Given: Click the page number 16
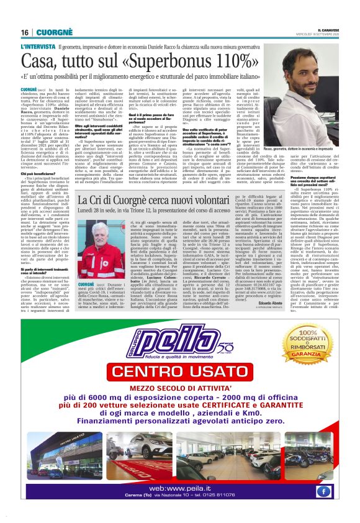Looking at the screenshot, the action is point(24,32).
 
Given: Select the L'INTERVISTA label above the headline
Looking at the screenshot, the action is point(38,47).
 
